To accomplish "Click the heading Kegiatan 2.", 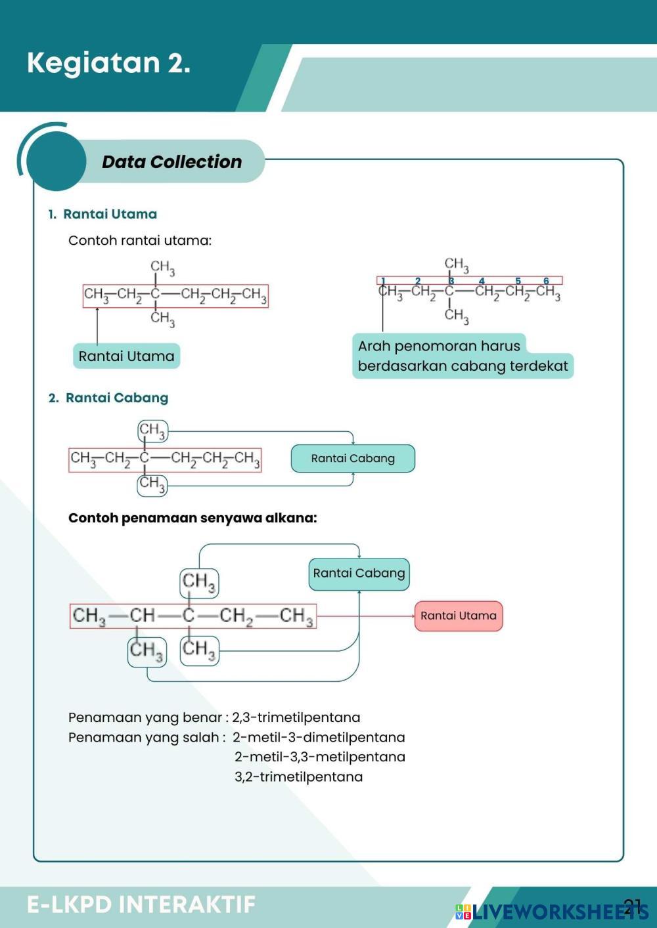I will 108,63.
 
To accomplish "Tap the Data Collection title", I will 171,161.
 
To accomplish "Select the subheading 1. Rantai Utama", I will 103,214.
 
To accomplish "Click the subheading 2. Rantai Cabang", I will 108,398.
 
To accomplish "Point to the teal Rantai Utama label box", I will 126,356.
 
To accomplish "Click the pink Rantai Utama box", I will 458,616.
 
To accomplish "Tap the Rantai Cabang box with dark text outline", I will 353,458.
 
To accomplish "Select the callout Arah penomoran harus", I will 439,346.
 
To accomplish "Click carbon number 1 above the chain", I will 383,281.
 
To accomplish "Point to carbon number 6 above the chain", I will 546,281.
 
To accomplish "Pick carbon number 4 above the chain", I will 482,281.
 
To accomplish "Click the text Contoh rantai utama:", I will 140,240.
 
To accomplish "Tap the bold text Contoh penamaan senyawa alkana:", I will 193,518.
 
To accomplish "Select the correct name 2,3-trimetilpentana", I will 296,717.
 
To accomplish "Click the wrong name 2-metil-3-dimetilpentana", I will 319,737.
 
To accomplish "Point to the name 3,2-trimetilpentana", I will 298,776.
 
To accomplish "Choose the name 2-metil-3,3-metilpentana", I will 320,757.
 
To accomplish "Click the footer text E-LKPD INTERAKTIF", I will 141,904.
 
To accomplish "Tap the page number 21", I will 632,906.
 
